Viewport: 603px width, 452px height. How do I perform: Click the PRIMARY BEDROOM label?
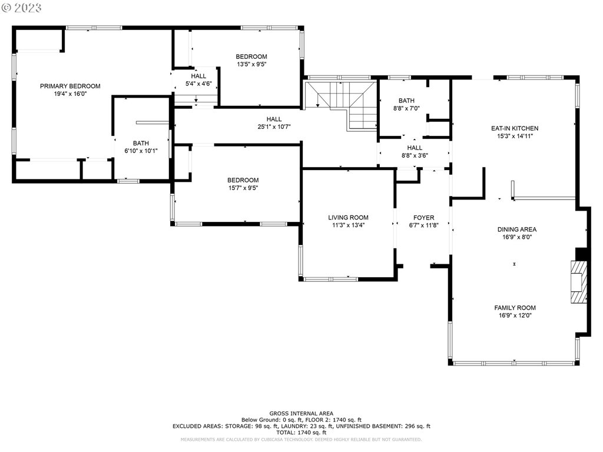70,86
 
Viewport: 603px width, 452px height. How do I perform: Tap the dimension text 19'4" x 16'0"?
71,94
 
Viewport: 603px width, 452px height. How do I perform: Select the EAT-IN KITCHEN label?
515,128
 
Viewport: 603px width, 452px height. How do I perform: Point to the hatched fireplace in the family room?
579,282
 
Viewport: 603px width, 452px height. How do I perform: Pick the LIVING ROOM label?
348,218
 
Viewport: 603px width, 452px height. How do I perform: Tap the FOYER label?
424,218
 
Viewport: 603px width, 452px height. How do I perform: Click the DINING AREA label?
517,230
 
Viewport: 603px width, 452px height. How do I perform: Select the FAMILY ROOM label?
515,308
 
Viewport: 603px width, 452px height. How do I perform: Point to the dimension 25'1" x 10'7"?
274,127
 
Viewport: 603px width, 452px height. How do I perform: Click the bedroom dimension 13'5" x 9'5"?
251,64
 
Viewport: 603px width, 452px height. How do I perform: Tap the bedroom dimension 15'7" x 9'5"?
243,188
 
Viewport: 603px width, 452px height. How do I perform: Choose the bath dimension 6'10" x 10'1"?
141,151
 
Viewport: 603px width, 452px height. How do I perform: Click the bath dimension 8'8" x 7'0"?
406,108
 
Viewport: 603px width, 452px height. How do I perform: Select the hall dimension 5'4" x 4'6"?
198,84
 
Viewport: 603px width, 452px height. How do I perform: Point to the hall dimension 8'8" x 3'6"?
415,155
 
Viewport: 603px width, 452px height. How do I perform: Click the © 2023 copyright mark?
21,8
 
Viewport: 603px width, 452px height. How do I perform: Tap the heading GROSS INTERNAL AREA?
301,414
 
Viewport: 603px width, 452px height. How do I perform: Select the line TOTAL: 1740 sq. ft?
301,433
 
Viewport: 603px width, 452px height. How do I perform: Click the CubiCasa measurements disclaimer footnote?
301,439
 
